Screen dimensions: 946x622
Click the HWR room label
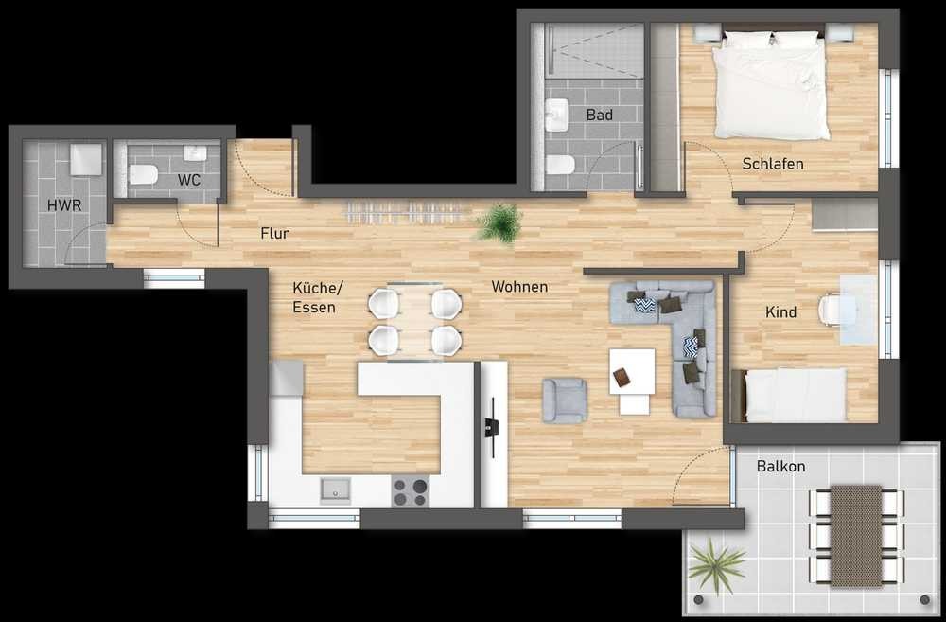coord(64,205)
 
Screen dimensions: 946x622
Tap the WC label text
coord(189,180)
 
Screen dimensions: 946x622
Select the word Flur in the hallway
coord(274,233)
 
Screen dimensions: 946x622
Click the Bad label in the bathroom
coord(599,115)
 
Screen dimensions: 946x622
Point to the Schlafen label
coord(773,164)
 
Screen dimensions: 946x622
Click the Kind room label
coord(780,312)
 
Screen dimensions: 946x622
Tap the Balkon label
coord(780,466)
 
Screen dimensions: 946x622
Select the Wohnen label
coord(519,287)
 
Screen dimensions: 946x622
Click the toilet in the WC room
coord(144,174)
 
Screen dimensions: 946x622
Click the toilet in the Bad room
coord(560,164)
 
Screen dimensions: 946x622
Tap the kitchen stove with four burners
coord(411,490)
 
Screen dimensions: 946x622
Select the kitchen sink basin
coord(336,489)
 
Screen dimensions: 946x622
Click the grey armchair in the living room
coord(565,400)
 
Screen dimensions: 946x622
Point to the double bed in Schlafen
coord(771,83)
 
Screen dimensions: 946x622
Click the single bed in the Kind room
coord(790,395)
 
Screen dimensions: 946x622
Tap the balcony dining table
coord(856,536)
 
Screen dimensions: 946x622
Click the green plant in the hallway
coord(499,222)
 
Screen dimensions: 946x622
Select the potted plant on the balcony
coord(717,566)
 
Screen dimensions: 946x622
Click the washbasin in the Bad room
coord(557,115)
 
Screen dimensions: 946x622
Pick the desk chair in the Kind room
coord(832,308)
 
